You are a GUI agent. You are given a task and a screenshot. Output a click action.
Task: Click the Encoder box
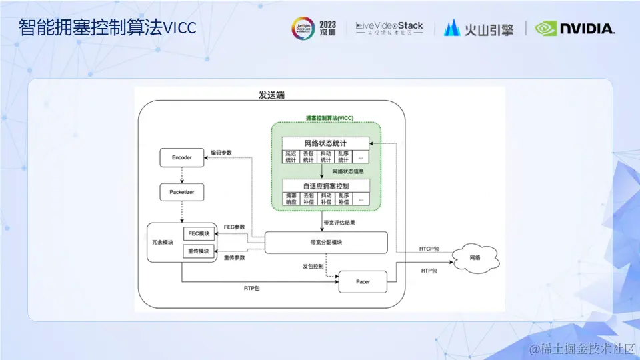pos(182,158)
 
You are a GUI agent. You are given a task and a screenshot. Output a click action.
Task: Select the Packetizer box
pos(182,193)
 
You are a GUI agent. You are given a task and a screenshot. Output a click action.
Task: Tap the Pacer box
pos(363,282)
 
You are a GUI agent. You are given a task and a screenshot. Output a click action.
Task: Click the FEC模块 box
pos(199,234)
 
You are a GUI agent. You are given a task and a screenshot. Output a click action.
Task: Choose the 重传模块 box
pos(199,251)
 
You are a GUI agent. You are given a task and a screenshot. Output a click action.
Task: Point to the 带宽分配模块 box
pos(326,242)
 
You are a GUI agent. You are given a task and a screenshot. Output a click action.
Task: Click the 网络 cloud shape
pos(474,257)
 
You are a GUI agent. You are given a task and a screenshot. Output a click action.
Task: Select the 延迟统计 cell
pos(291,157)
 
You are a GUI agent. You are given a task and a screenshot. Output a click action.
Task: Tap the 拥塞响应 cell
pos(291,198)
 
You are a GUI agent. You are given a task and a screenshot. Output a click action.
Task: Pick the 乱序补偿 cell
pos(343,198)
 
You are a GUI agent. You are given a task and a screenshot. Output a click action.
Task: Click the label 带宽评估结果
pos(339,222)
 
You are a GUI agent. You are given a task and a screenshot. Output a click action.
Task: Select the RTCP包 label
pos(429,249)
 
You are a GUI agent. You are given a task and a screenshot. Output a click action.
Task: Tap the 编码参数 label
pos(221,153)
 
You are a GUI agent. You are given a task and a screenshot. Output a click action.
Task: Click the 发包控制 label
pos(313,267)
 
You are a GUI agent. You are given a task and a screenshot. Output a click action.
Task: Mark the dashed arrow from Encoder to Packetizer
pos(182,175)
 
